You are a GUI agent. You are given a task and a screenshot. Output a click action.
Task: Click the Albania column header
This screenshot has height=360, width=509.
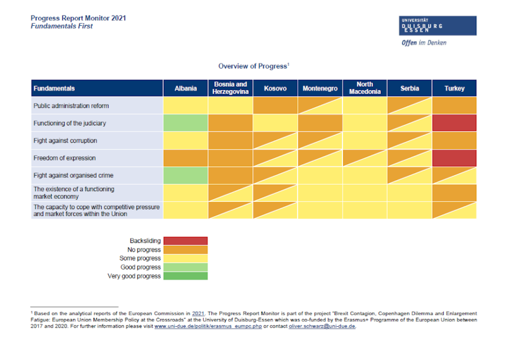(x=185, y=88)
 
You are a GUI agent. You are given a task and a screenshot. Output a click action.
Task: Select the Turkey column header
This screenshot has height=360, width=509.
(x=454, y=88)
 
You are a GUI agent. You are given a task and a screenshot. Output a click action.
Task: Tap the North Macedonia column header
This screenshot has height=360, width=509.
(x=365, y=88)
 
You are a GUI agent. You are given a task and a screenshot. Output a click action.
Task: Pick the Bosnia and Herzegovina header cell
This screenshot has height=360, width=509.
(x=230, y=88)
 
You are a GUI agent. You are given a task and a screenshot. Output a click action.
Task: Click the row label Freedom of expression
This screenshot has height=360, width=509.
(x=64, y=158)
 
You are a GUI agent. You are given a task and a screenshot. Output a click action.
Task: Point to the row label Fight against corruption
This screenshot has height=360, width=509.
(x=65, y=141)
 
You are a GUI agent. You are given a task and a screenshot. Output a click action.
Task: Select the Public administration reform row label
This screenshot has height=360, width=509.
(x=71, y=106)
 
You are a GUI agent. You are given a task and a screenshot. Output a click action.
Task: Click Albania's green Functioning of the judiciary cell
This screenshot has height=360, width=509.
(x=185, y=123)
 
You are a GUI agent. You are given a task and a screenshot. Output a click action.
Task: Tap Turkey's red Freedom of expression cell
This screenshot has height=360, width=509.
(x=454, y=158)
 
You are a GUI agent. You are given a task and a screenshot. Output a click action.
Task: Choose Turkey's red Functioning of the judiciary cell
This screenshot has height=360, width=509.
(x=454, y=123)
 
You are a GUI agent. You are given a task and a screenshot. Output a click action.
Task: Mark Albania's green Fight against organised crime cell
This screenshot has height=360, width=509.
(x=185, y=175)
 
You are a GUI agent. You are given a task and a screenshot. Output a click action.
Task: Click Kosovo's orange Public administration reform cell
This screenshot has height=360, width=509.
(x=275, y=106)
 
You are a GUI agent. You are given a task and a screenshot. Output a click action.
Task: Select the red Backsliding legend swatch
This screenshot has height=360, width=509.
(x=185, y=241)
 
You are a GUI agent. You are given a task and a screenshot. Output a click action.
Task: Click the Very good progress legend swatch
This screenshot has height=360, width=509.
(x=185, y=276)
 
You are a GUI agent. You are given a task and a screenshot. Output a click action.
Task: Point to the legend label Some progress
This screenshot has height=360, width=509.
(x=140, y=258)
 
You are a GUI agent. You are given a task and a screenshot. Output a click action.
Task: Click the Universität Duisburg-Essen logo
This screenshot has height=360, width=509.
(x=438, y=26)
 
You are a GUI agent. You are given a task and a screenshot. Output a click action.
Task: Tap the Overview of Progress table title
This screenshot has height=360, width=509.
(x=253, y=66)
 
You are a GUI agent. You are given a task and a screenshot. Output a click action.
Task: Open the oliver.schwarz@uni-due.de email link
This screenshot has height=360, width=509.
(x=322, y=326)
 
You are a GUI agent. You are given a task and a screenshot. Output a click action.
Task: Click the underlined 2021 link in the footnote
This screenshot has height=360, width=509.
(x=199, y=314)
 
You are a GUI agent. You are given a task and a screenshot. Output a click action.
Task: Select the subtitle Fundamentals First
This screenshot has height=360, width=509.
(x=62, y=26)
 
